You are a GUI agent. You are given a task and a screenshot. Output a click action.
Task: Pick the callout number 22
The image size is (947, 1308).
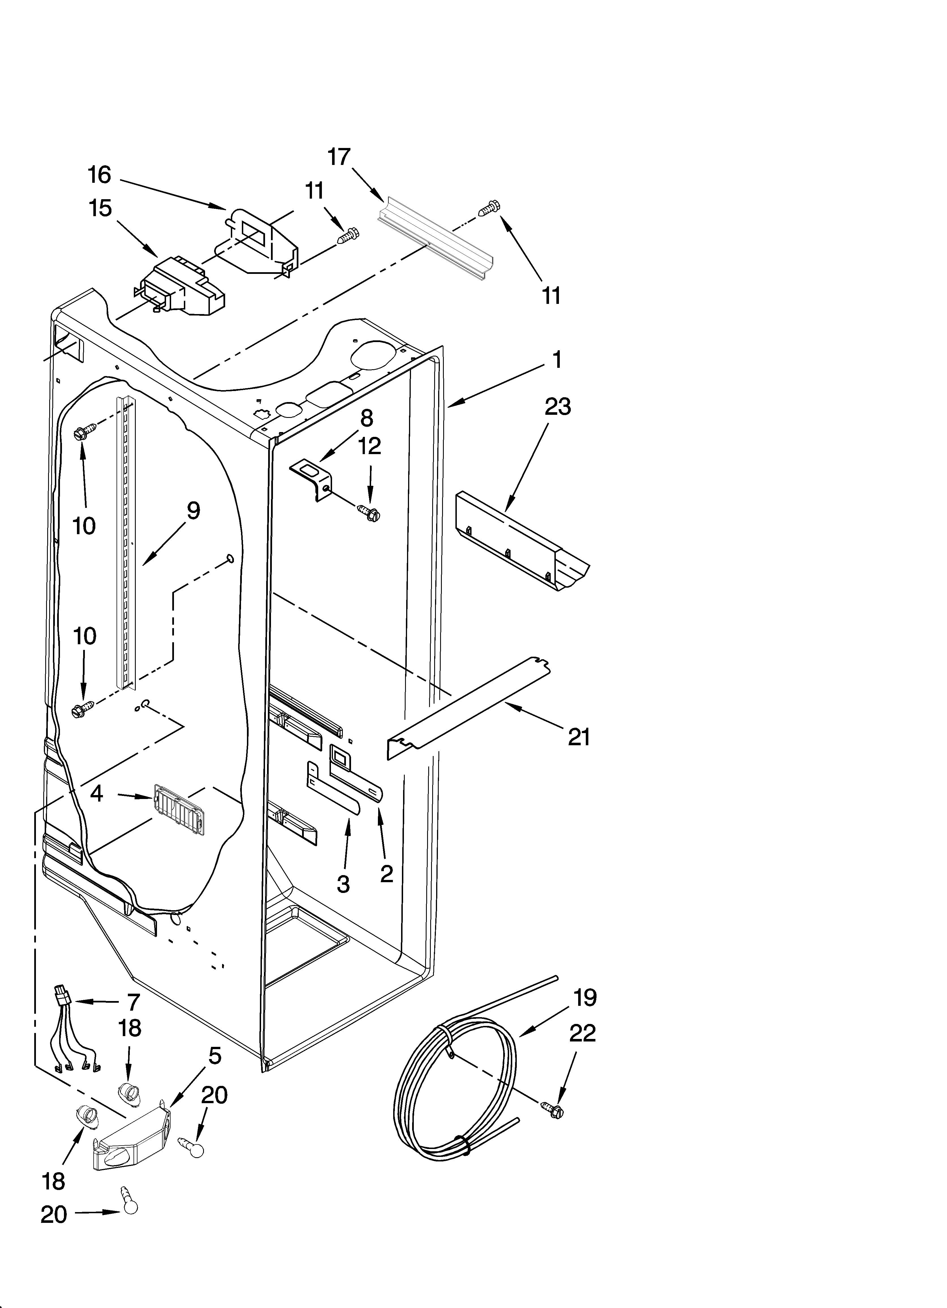pos(582,1033)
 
